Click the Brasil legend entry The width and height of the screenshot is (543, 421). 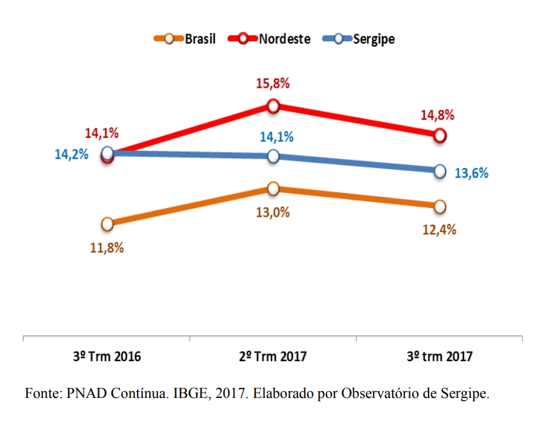(185, 39)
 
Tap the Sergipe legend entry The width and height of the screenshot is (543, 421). (359, 39)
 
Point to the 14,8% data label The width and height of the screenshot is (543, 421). (439, 115)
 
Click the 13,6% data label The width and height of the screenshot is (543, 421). (471, 173)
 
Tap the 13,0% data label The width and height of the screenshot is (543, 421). (274, 212)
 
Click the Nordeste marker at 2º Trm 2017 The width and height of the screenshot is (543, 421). (273, 106)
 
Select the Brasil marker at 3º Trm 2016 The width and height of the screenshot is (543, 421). (107, 224)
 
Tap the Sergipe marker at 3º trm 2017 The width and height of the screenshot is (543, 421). (439, 171)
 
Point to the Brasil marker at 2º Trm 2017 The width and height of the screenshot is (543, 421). (273, 188)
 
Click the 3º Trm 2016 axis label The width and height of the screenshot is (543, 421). (107, 357)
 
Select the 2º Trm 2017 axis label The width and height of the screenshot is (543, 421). (273, 357)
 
